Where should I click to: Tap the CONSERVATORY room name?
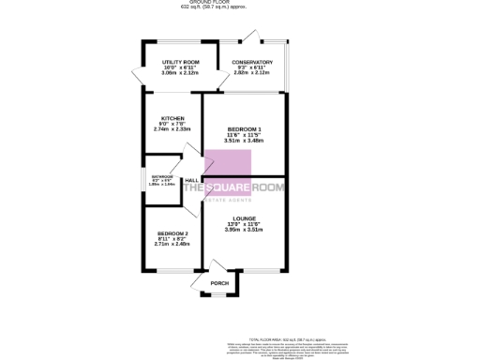point(252,62)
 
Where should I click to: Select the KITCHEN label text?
point(172,118)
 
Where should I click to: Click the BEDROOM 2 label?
point(173,232)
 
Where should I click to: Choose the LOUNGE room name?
point(245,218)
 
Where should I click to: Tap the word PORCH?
point(219,283)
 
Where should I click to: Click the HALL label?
point(190,180)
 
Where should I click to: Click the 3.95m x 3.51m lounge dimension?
point(245,230)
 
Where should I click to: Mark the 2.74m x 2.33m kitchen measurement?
point(172,129)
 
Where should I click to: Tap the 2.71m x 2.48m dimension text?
point(173,244)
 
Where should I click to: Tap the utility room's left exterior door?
point(137,77)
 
